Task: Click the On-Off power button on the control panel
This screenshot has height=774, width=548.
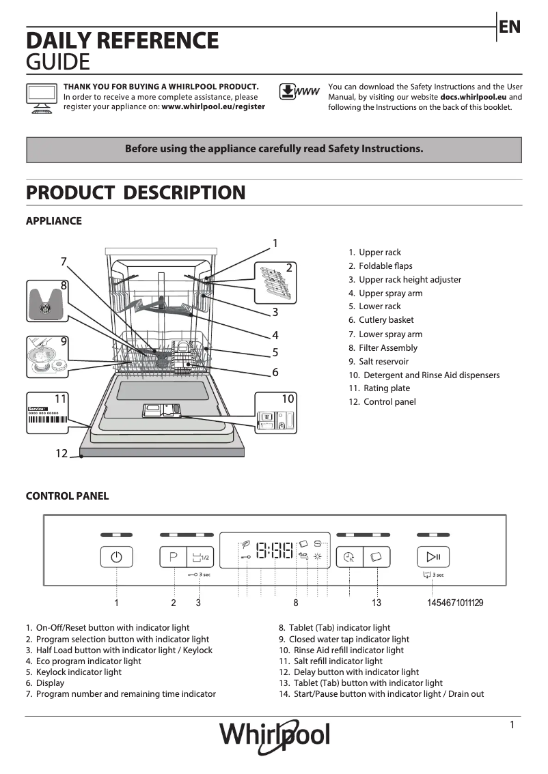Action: click(116, 557)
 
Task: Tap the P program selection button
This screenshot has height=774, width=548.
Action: click(173, 557)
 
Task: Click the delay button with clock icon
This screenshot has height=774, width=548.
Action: click(349, 557)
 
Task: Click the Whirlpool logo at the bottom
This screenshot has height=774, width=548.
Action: click(274, 736)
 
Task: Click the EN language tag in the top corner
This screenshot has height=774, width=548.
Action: click(510, 27)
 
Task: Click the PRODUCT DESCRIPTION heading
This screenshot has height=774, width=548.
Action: click(135, 192)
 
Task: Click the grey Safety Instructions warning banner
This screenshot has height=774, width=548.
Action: click(273, 149)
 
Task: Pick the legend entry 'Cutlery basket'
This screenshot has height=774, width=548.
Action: click(386, 320)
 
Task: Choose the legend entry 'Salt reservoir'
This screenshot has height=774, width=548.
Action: click(383, 361)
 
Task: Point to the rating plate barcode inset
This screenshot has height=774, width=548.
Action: click(48, 414)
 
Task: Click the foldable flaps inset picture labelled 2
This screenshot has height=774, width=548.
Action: click(277, 282)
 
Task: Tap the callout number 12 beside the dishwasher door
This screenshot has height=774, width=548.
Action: click(61, 453)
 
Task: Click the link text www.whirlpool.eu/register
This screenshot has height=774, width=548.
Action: click(213, 107)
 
